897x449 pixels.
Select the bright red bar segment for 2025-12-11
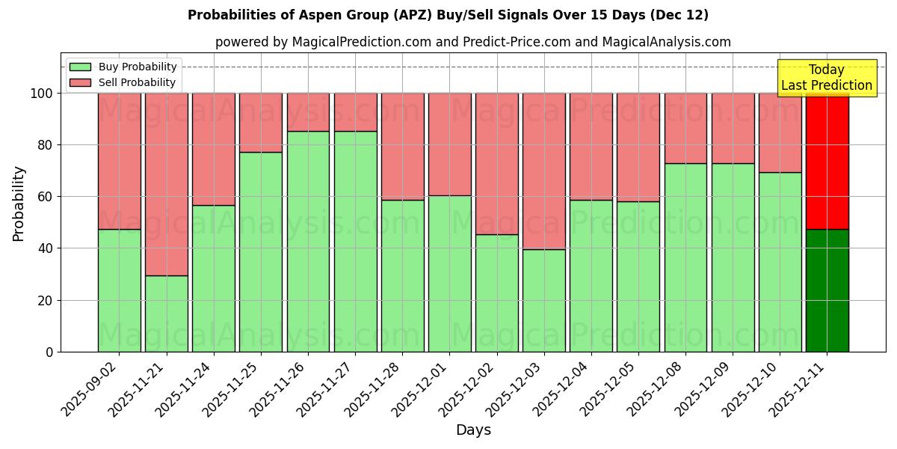tap(827, 161)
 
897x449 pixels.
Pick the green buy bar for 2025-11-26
tap(308, 241)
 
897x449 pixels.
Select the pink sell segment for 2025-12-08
tap(685, 128)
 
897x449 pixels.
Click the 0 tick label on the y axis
tap(49, 352)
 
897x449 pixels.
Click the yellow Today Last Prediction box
tap(826, 78)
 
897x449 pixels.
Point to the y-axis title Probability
tap(19, 204)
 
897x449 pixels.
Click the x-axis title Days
tap(473, 430)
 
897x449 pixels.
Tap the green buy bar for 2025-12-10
tap(780, 262)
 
